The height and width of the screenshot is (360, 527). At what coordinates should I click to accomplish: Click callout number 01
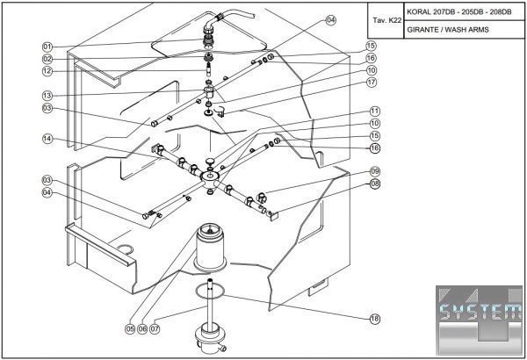click(47, 46)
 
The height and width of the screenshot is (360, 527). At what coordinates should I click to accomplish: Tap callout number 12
click(47, 71)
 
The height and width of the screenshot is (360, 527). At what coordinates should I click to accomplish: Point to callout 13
click(47, 95)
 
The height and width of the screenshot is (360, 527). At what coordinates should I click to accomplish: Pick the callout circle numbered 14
click(47, 139)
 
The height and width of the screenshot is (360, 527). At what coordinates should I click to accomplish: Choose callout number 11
click(374, 112)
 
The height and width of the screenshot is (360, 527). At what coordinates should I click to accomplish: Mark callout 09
click(374, 171)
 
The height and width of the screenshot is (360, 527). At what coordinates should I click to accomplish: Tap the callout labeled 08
click(374, 184)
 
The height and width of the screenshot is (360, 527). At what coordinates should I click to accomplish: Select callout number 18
click(374, 318)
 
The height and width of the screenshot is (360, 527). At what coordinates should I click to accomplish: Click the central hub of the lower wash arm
click(211, 177)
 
